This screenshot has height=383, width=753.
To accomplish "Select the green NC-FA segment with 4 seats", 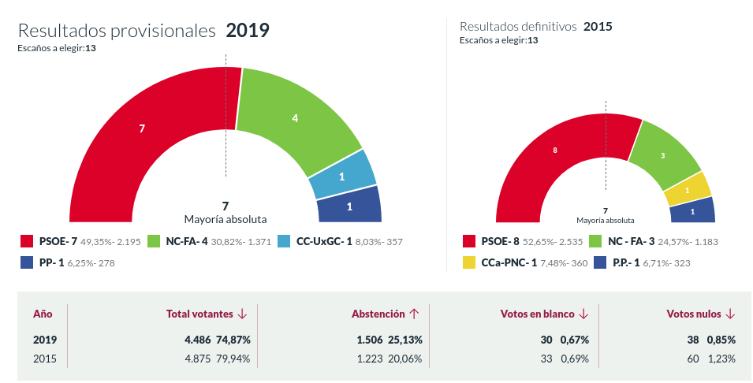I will (293, 120).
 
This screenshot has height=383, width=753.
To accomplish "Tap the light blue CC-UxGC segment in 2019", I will (342, 177).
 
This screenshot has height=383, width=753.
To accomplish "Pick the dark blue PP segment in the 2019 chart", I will (349, 207).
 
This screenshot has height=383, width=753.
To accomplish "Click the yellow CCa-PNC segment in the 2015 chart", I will (688, 190).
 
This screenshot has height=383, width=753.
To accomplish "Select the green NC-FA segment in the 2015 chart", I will (662, 156).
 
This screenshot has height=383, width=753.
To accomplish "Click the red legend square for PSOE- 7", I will (25, 241).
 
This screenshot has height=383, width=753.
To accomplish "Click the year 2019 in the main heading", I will (248, 31).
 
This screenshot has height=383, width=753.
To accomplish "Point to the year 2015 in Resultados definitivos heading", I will (598, 26).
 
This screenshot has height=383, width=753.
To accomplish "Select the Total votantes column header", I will (199, 314).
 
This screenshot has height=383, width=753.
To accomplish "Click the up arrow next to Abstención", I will (413, 314).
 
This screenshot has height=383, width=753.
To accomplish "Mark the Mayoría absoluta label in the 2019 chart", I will (226, 219).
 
